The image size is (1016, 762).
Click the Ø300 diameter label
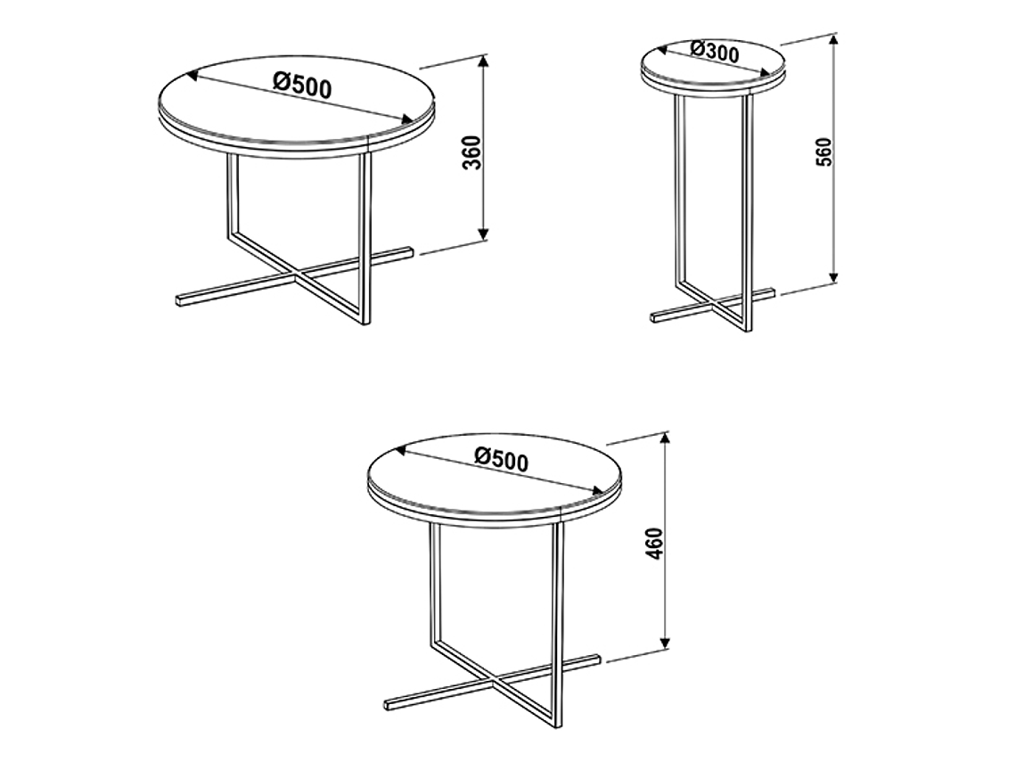tap(715, 51)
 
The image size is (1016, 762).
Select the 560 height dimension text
tap(824, 152)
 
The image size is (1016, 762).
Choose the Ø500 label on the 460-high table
tap(502, 459)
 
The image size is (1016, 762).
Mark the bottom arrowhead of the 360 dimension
tap(483, 234)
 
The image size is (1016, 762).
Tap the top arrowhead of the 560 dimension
tap(834, 40)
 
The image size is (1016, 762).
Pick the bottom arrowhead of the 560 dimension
tap(834, 276)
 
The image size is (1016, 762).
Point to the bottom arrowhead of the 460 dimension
tap(664, 643)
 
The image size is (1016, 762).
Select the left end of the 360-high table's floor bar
tap(179, 301)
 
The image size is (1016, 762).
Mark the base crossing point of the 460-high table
tap(495, 683)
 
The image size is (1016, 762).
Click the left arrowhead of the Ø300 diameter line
tap(663, 49)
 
